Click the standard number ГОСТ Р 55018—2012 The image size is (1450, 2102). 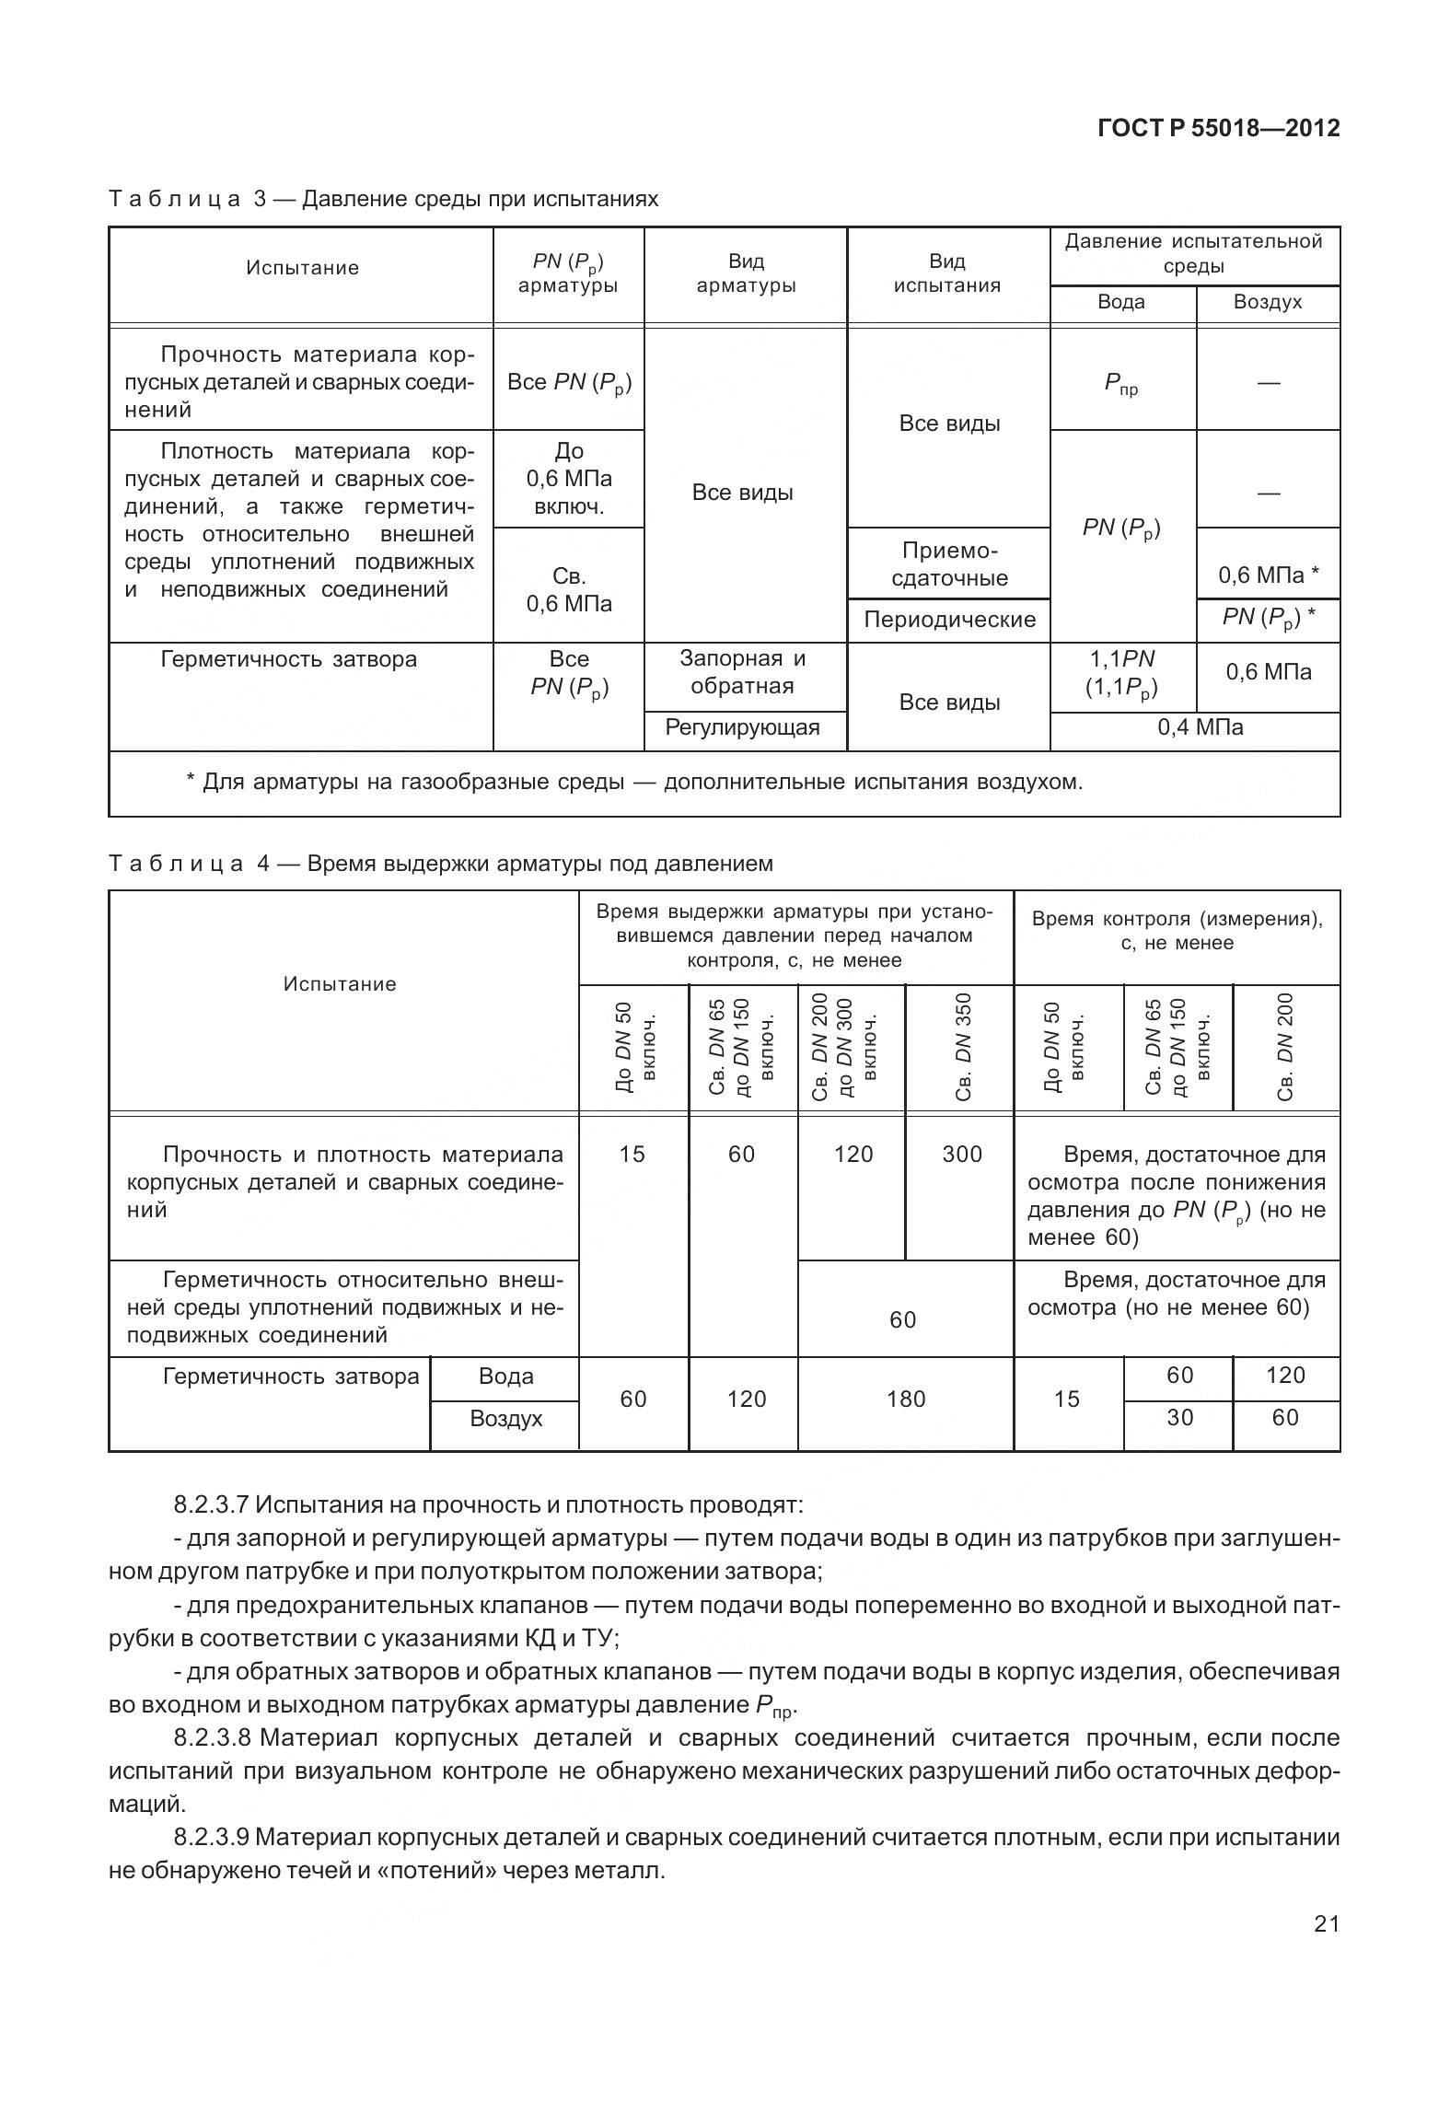(x=1218, y=128)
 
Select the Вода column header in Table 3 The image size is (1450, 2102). (x=1120, y=303)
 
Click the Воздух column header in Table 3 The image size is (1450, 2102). (x=1267, y=303)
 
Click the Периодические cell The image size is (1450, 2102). (x=949, y=620)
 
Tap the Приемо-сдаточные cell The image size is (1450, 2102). (x=949, y=564)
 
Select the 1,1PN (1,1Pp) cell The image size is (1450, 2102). (x=1121, y=673)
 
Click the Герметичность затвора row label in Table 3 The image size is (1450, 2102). (x=288, y=659)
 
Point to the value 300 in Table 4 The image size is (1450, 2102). (x=961, y=1155)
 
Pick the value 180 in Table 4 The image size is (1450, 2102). (x=905, y=1399)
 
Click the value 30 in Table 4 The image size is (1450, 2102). (x=1179, y=1418)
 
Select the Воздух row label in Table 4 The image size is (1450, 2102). (x=505, y=1419)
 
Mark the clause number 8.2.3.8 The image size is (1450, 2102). (x=213, y=1738)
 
